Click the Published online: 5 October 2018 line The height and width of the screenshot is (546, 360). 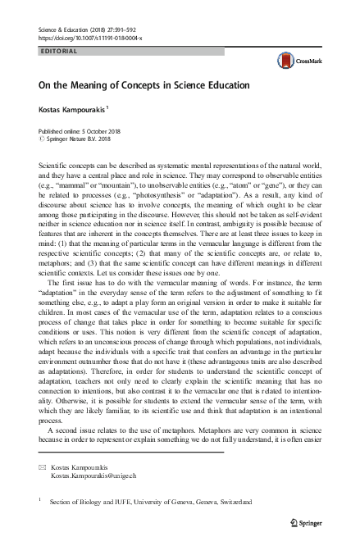pyautogui.click(x=80, y=131)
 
